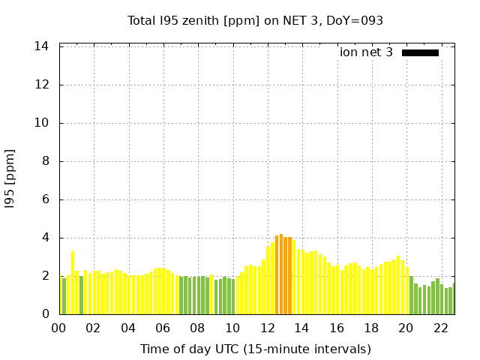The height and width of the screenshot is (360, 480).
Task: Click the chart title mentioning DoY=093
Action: click(255, 20)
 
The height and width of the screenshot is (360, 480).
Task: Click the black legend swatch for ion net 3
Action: click(420, 52)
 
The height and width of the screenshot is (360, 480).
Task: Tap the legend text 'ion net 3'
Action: click(366, 52)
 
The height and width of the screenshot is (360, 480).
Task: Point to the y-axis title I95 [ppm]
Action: click(10, 178)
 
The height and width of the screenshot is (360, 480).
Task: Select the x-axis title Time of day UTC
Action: click(255, 349)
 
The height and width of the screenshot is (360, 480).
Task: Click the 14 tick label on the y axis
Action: click(42, 46)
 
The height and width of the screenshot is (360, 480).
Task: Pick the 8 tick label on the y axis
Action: click(45, 161)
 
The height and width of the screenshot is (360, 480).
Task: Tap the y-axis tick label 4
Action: click(45, 238)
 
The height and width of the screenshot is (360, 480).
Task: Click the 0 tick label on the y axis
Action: click(45, 314)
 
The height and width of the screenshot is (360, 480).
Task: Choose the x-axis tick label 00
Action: click(59, 328)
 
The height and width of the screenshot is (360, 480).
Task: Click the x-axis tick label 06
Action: click(163, 328)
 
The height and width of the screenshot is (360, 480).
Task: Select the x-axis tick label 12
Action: click(268, 328)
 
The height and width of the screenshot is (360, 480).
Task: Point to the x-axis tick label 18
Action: click(372, 328)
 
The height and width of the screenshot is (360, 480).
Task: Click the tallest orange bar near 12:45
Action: click(281, 274)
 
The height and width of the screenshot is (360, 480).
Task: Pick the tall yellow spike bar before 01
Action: click(73, 283)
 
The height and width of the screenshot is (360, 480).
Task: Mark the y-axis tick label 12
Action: click(42, 85)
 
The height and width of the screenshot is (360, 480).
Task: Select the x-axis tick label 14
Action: click(302, 328)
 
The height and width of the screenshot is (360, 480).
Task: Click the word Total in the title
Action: click(142, 20)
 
